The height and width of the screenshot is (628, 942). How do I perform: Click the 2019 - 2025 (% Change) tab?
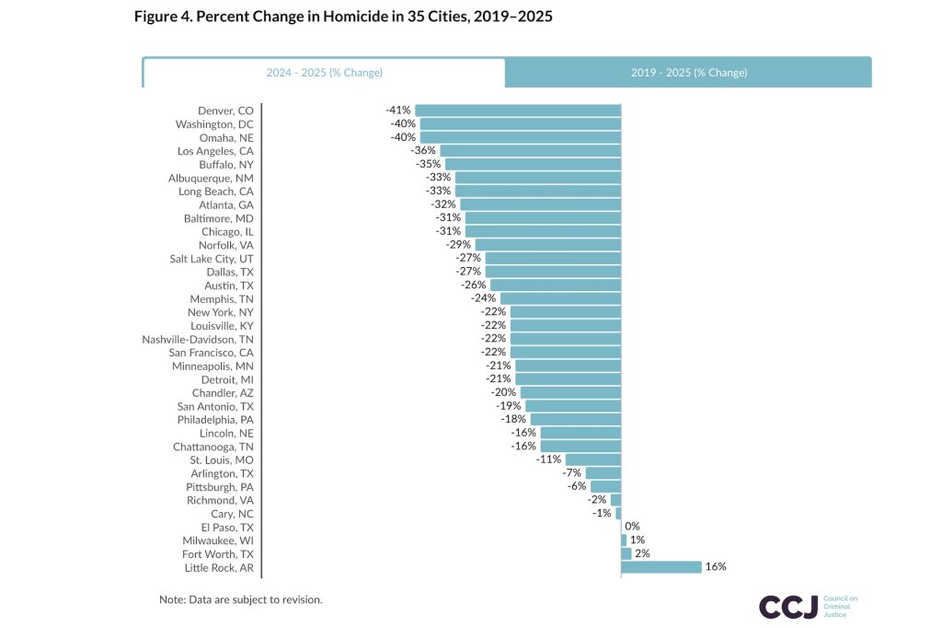tap(688, 73)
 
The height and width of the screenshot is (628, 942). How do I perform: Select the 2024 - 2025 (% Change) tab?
tap(324, 73)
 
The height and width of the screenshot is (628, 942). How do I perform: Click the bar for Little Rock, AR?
tap(661, 567)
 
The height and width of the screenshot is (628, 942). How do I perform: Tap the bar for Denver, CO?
tap(518, 110)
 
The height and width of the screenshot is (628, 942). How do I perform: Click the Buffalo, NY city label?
tap(225, 164)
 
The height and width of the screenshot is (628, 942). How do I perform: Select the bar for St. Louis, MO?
tap(592, 459)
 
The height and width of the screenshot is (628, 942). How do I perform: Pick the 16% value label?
tap(716, 567)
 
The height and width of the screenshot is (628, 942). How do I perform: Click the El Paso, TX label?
tap(227, 527)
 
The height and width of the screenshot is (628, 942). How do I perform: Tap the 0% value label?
tap(632, 527)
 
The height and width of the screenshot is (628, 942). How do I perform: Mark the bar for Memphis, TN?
tap(560, 298)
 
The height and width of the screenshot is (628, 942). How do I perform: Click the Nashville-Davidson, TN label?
tap(198, 339)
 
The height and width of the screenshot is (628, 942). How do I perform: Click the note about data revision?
tap(240, 599)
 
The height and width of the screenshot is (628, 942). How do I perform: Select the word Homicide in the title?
tap(323, 17)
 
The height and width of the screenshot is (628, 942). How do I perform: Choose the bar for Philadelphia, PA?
tap(575, 419)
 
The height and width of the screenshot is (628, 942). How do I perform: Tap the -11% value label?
tap(548, 459)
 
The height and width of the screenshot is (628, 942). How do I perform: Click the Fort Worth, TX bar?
tap(626, 554)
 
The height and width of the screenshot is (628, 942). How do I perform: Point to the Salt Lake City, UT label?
tap(212, 258)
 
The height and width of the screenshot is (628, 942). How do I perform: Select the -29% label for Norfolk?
tap(458, 245)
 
